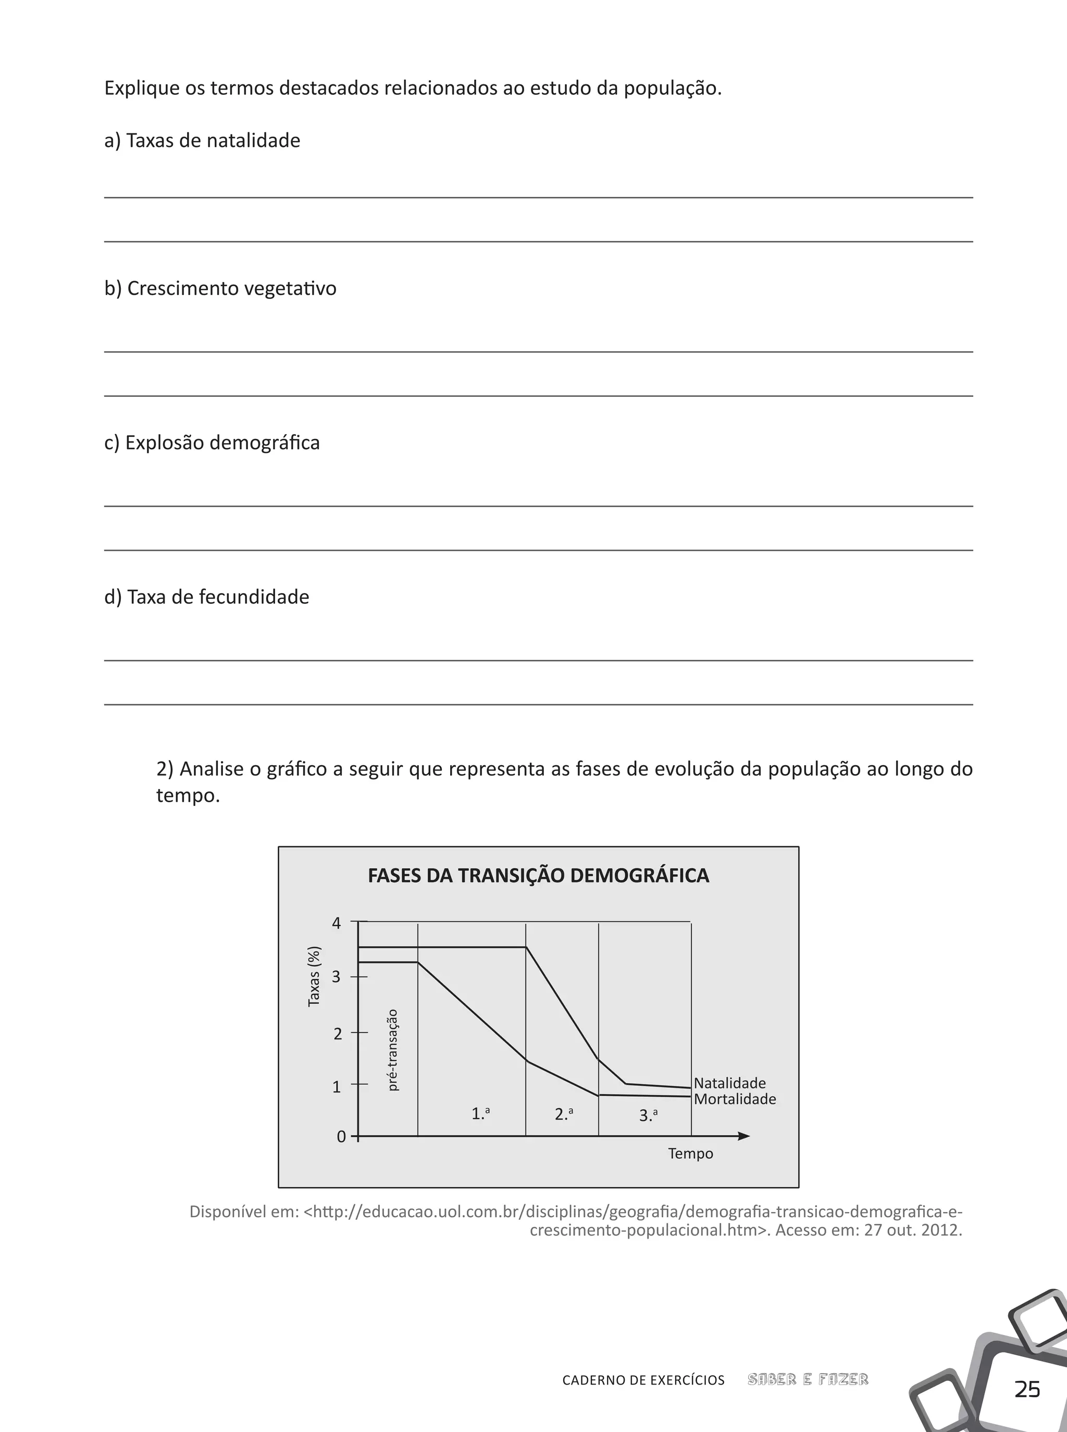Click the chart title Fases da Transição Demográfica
pyautogui.click(x=538, y=876)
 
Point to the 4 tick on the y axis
pyautogui.click(x=337, y=923)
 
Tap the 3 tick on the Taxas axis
pyautogui.click(x=337, y=976)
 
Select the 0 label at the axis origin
pyautogui.click(x=341, y=1136)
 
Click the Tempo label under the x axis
pyautogui.click(x=690, y=1154)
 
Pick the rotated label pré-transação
pyautogui.click(x=393, y=1050)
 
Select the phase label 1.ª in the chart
pyautogui.click(x=480, y=1113)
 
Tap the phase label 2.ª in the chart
pyautogui.click(x=564, y=1113)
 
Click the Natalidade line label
pyautogui.click(x=729, y=1083)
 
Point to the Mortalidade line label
pyautogui.click(x=735, y=1099)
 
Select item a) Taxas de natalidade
pyautogui.click(x=202, y=140)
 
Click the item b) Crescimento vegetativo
pyautogui.click(x=220, y=288)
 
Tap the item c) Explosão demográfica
pyautogui.click(x=212, y=443)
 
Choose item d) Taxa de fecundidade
pyautogui.click(x=207, y=596)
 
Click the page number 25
pyautogui.click(x=1027, y=1389)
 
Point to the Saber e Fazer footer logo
pyautogui.click(x=808, y=1380)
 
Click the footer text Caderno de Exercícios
pyautogui.click(x=643, y=1380)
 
